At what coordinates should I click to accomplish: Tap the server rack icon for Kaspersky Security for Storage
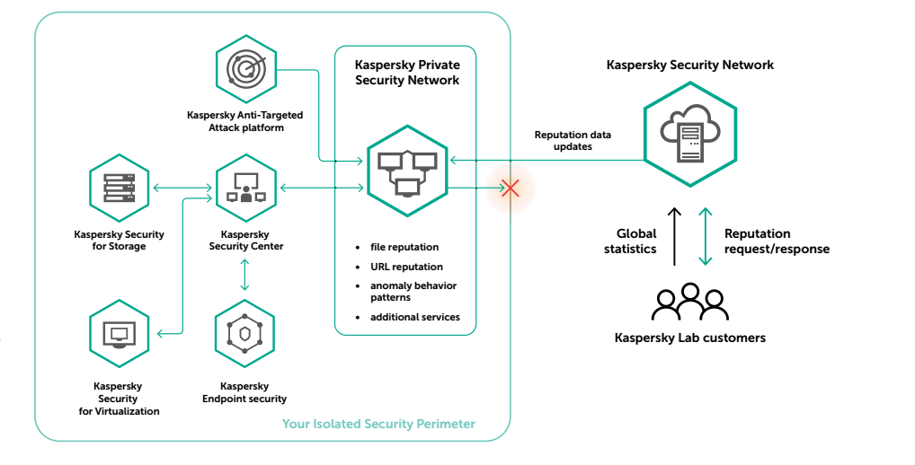click(119, 188)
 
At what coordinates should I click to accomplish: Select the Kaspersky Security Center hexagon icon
click(244, 188)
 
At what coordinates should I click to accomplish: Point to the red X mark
click(511, 189)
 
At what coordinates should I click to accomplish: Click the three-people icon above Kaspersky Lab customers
click(689, 303)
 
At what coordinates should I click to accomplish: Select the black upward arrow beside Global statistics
click(675, 236)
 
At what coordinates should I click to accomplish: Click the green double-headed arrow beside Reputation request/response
click(706, 236)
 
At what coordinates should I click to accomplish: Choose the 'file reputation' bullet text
click(404, 247)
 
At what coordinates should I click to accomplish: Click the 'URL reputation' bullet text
click(406, 267)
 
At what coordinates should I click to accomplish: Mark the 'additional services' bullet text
click(414, 317)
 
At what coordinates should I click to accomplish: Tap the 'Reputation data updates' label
click(573, 140)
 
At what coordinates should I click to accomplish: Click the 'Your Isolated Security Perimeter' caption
click(378, 424)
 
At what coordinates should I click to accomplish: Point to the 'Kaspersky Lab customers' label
click(689, 338)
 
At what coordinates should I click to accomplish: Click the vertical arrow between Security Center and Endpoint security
click(244, 275)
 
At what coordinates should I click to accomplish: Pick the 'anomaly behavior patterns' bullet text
click(413, 291)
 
